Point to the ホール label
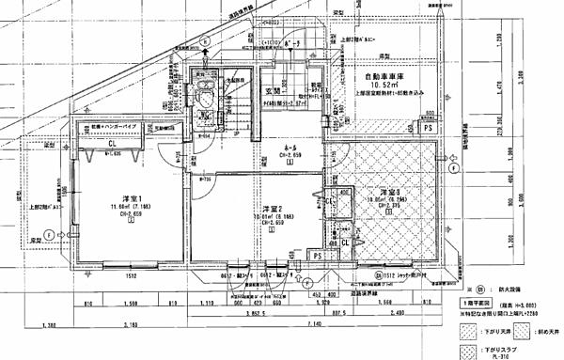pyautogui.click(x=292, y=147)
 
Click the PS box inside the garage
pyautogui.click(x=428, y=125)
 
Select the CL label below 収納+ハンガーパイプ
pyautogui.click(x=111, y=143)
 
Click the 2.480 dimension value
pyautogui.click(x=394, y=312)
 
